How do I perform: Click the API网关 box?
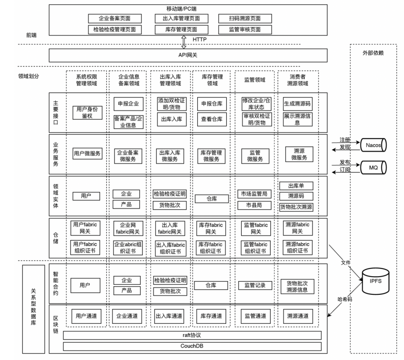(188, 55)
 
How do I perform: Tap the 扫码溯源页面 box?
(245, 19)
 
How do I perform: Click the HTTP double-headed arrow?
(184, 42)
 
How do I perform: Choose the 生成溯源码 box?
(297, 104)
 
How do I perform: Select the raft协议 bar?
(192, 335)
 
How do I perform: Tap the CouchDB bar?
(192, 346)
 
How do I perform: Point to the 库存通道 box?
(212, 316)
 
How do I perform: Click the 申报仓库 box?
(212, 104)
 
